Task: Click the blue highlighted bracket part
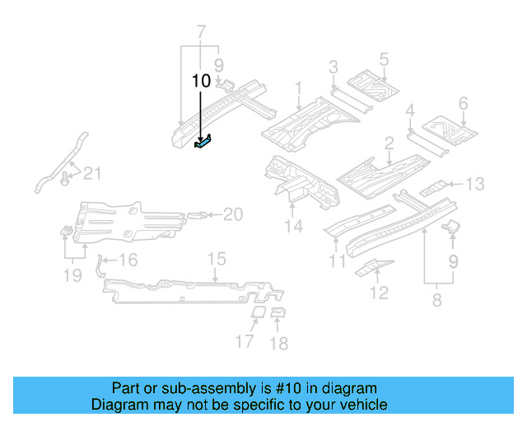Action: pyautogui.click(x=203, y=142)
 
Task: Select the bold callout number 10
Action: pyautogui.click(x=201, y=81)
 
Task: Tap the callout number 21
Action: pyautogui.click(x=94, y=172)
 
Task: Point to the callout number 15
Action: pyautogui.click(x=216, y=260)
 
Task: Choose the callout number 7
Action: pyautogui.click(x=200, y=33)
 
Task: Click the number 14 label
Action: pyautogui.click(x=294, y=226)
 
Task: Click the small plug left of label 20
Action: pyautogui.click(x=197, y=215)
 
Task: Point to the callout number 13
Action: pyautogui.click(x=476, y=183)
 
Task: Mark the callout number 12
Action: pyautogui.click(x=379, y=291)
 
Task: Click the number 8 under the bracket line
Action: pyautogui.click(x=436, y=301)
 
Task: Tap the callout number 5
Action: pyautogui.click(x=384, y=59)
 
